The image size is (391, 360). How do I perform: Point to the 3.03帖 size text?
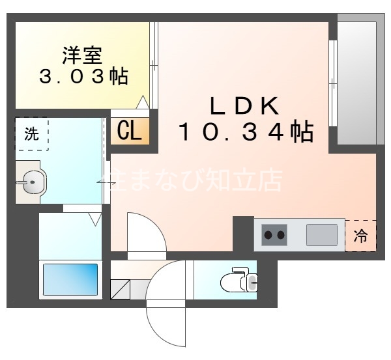point(83,77)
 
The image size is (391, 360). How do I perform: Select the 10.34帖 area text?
point(246,133)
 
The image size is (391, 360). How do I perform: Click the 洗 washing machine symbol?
point(32,135)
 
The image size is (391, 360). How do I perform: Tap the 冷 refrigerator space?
point(360,236)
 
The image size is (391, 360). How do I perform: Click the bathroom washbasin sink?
point(31,183)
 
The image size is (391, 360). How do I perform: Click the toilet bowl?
point(237,282)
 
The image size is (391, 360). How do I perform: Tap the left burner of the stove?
point(268,234)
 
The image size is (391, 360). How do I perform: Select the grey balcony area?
point(356,81)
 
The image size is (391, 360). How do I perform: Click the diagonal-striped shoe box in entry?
point(121,289)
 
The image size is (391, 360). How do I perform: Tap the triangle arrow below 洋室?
point(143,102)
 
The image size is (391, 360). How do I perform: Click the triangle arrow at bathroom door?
point(95,219)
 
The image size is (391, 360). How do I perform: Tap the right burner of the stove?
point(282,234)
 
